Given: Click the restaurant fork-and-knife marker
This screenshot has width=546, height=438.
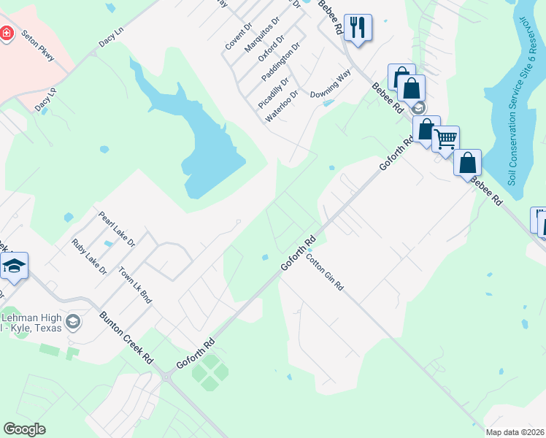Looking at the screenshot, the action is point(357,28).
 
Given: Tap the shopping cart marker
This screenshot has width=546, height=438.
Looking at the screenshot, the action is point(445,137).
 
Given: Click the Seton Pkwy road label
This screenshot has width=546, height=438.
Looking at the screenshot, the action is point(37,46).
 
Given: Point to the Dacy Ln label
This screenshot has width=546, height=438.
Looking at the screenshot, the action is point(112,44).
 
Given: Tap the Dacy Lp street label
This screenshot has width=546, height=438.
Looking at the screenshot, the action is point(45,100).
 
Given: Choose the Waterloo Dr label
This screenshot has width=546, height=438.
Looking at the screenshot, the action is point(282,106).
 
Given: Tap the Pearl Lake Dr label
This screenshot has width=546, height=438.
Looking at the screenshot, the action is point(117,230).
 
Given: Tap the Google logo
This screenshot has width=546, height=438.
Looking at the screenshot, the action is point(24,429).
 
